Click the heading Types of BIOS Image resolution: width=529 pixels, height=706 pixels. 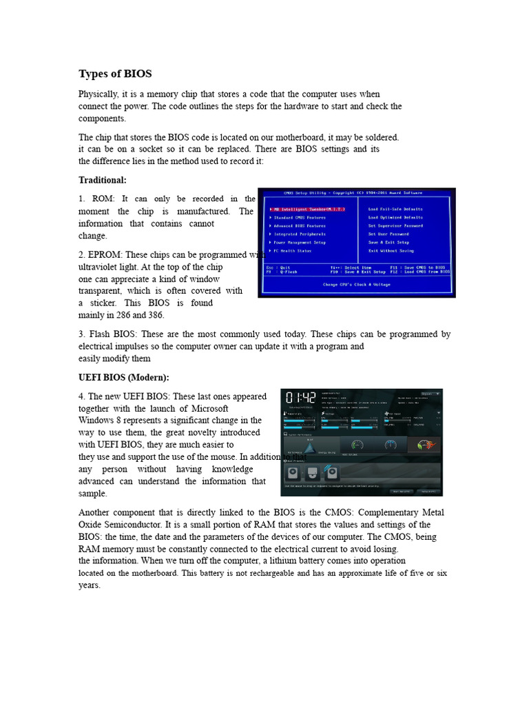click(115, 74)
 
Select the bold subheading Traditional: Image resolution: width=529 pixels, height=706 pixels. click(103, 179)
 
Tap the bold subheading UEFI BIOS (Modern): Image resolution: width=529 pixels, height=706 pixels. click(123, 377)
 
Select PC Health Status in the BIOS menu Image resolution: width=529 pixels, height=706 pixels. click(294, 251)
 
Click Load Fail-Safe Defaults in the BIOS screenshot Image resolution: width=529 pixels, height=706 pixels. click(396, 209)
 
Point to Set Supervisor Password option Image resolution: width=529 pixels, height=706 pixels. click(396, 225)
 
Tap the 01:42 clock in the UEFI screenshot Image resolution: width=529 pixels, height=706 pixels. click(300, 399)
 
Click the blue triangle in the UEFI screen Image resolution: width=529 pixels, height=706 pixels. click(309, 447)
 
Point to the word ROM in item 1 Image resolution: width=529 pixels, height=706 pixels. click(102, 199)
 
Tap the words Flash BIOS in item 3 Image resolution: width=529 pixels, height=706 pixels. click(110, 334)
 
